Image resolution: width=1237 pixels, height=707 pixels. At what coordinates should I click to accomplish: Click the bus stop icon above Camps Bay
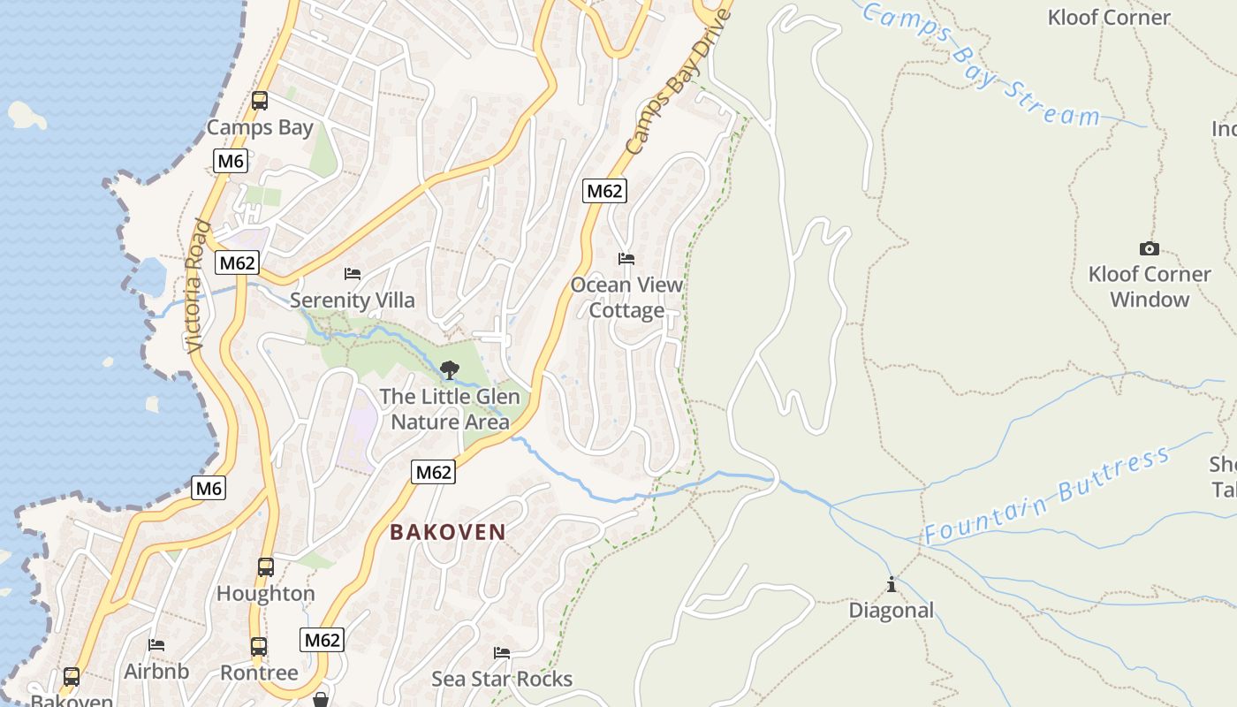coord(259,101)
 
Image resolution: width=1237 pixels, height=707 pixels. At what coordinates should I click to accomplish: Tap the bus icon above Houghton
coord(265,567)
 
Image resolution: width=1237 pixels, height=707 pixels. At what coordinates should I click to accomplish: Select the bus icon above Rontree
coord(258,647)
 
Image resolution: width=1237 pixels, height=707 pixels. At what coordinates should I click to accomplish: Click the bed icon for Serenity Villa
coord(353,274)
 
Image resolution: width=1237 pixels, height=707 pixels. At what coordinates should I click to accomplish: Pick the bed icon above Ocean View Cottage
coord(626,259)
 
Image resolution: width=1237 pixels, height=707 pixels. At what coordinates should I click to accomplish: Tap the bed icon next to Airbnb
coord(156,645)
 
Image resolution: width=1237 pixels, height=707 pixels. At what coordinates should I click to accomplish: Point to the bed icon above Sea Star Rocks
coord(502,653)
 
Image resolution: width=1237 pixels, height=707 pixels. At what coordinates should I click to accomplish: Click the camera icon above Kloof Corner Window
coord(1149,249)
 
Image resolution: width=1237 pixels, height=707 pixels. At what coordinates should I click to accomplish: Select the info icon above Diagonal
coord(891,585)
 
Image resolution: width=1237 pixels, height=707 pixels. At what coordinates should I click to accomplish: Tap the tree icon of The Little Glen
coord(450,369)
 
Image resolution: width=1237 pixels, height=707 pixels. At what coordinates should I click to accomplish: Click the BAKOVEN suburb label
coord(448,532)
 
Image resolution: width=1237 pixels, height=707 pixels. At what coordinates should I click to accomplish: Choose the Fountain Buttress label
coord(1048,496)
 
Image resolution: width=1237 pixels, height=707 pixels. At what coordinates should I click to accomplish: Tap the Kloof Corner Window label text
coord(1149,286)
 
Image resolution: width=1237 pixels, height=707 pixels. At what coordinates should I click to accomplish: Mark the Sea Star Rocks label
coord(502,679)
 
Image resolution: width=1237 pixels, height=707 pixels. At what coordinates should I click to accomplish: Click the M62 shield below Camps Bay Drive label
coord(604,191)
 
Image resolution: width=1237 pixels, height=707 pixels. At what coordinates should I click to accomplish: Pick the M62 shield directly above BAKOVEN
coord(434,473)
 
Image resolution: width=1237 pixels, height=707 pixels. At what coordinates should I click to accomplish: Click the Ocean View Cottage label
coord(626,298)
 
